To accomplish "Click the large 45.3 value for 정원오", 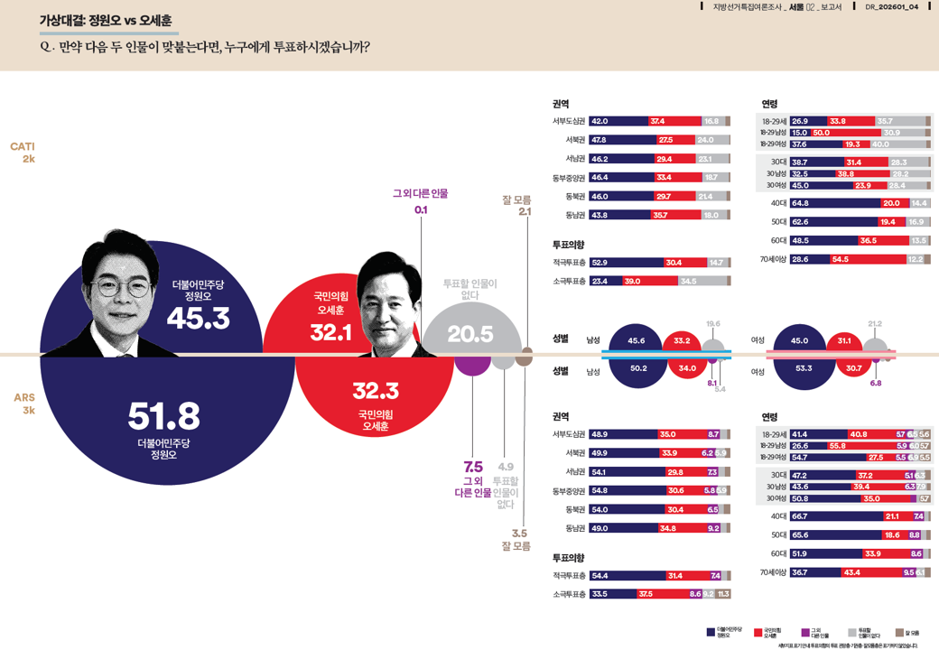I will pos(198,318).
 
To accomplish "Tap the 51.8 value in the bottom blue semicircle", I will pos(163,416).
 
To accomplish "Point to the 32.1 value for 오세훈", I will pos(330,332).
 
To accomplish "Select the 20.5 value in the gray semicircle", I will pos(470,334).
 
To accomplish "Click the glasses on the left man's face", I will pos(125,288).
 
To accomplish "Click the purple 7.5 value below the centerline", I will pos(473,467).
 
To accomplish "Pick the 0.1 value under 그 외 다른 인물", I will pos(421,209).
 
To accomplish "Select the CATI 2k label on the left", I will pos(23,152).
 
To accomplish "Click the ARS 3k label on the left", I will pos(24,404).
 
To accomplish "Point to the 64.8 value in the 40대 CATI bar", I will pos(800,203).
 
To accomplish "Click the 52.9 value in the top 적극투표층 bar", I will pos(600,263).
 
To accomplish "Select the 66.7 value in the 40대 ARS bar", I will pos(800,516).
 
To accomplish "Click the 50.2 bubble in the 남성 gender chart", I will pos(638,368).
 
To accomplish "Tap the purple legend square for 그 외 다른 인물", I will pos(805,632).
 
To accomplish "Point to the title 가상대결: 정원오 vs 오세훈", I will pos(106,21).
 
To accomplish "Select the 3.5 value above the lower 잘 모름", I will pos(519,533).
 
